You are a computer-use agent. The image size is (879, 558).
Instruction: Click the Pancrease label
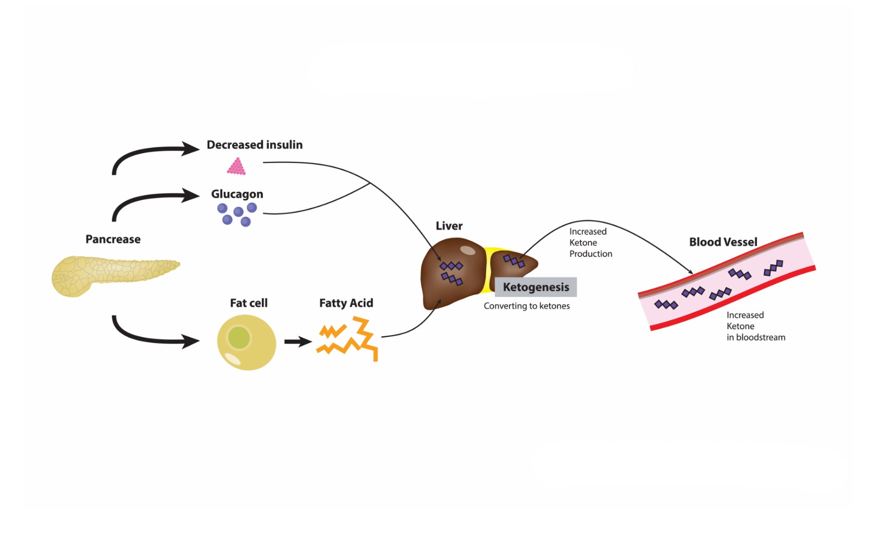[x=113, y=239]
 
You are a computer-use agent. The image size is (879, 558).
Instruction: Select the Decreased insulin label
[x=254, y=145]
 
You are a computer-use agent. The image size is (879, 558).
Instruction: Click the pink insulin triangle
[x=236, y=166]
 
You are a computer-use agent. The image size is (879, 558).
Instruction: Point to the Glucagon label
[x=237, y=194]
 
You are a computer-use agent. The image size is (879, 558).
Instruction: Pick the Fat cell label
[x=248, y=303]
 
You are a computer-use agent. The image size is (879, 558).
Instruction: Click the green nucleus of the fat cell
[x=239, y=337]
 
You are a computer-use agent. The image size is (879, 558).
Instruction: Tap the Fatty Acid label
[x=346, y=303]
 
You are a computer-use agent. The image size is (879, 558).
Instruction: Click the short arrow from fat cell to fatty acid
[x=298, y=342]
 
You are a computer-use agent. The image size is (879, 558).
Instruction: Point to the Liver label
[x=449, y=226]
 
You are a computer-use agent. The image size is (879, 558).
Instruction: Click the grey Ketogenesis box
[x=536, y=287]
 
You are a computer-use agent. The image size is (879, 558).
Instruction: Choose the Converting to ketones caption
[x=526, y=306]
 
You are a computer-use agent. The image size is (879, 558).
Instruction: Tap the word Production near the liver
[x=590, y=254]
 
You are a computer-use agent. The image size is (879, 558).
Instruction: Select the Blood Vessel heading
[x=723, y=242]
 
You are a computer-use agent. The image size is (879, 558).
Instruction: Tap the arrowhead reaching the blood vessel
[x=689, y=271]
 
